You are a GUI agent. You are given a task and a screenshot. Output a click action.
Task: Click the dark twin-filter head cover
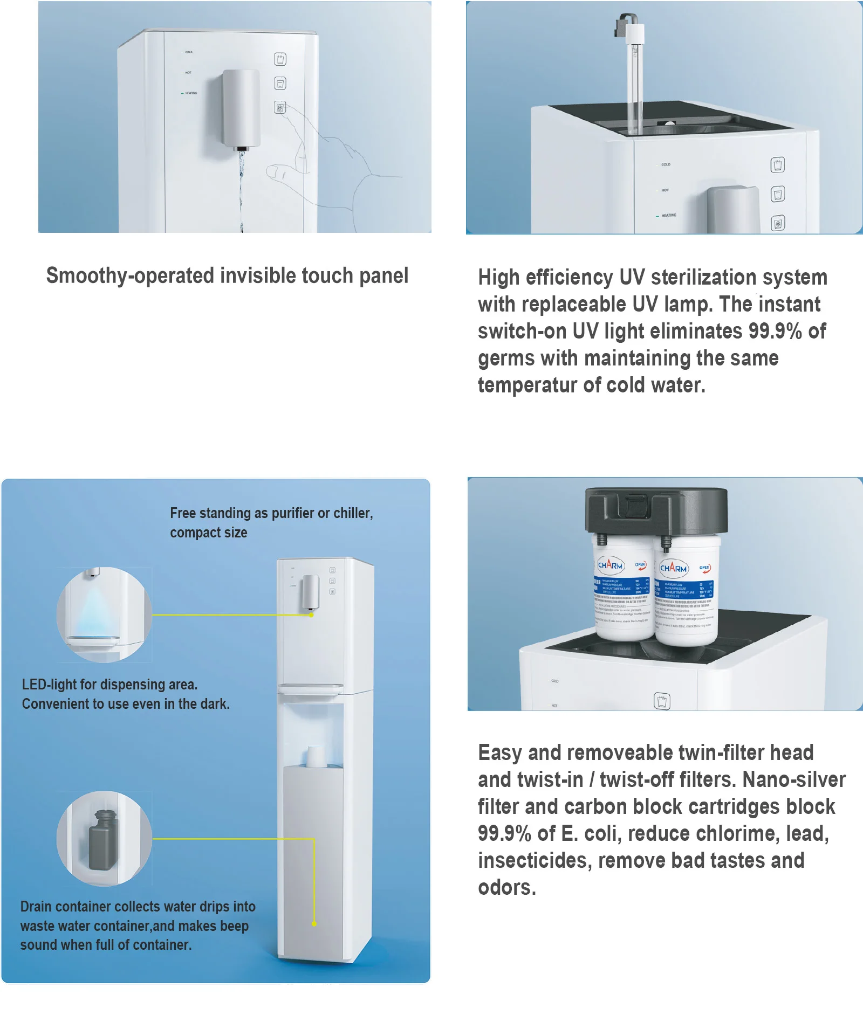click(656, 509)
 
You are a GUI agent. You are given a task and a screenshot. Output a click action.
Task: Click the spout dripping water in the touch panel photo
click(241, 148)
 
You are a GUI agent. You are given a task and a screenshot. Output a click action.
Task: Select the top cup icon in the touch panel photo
click(280, 59)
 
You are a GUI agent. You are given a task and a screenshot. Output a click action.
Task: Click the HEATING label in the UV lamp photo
click(668, 215)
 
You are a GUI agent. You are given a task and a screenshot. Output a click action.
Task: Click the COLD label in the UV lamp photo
click(666, 164)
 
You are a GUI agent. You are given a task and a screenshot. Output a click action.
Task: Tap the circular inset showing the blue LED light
click(104, 614)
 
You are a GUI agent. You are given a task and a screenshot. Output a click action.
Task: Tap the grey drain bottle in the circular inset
click(101, 840)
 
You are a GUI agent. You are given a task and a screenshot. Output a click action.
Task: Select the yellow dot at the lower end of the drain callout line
click(314, 923)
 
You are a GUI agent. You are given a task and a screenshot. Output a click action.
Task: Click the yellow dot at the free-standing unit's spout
click(311, 614)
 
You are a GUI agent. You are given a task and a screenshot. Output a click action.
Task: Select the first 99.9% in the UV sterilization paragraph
click(775, 331)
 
